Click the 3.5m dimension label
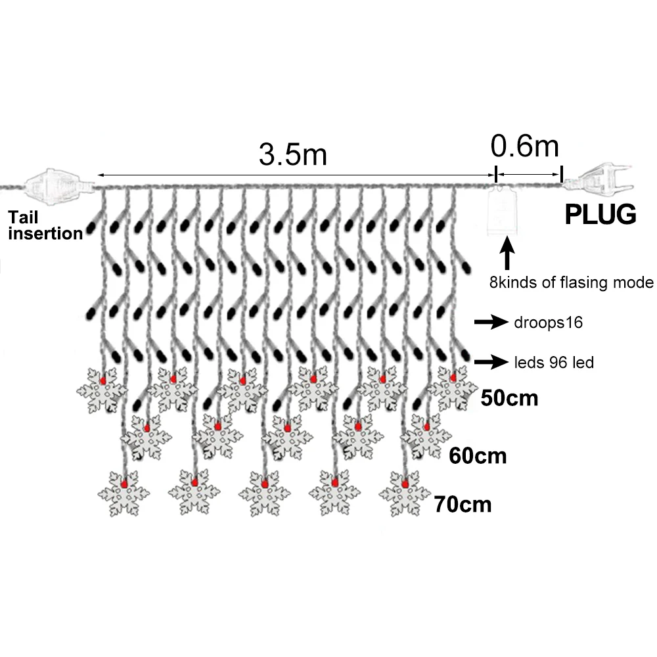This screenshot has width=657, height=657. point(292,154)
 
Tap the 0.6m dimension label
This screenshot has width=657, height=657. point(524,147)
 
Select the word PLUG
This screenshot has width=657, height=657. point(600,215)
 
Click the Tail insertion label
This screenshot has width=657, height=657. point(45,225)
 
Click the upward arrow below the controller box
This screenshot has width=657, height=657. point(507,253)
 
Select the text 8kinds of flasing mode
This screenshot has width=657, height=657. point(571,283)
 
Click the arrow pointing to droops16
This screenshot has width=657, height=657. point(491,322)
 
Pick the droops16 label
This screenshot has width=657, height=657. point(548,322)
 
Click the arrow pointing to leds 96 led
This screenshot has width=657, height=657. point(491,361)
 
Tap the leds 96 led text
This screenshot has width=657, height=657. point(554,363)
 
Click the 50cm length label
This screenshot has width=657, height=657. point(509,398)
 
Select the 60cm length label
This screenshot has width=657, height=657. point(478,456)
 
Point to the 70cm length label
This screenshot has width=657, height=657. point(463,505)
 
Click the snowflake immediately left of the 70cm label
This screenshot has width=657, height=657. point(405,493)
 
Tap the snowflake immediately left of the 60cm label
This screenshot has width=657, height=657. point(426,436)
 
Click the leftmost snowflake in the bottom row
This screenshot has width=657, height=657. point(124,493)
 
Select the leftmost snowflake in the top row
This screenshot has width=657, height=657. point(102,390)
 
